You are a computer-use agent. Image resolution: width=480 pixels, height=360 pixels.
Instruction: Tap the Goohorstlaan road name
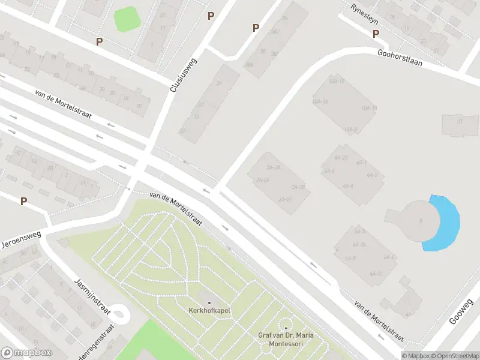[x=400, y=58]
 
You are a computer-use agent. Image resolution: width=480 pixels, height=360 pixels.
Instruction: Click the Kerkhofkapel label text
[x=209, y=310]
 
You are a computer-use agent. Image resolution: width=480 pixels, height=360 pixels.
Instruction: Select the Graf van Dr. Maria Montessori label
[x=286, y=339]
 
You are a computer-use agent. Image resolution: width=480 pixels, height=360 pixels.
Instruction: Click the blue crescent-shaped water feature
[x=447, y=222]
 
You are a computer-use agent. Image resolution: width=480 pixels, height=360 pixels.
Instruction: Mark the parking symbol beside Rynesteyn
[x=376, y=34]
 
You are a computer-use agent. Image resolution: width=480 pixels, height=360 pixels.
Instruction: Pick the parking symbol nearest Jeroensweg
[x=23, y=202]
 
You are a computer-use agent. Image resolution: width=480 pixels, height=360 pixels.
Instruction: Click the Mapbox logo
[x=26, y=353]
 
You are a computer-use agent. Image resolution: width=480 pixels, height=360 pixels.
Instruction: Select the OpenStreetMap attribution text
[x=451, y=355]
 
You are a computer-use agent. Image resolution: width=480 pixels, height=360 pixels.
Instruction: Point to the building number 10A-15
[x=337, y=81]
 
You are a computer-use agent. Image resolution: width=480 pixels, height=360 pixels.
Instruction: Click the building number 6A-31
[x=377, y=274]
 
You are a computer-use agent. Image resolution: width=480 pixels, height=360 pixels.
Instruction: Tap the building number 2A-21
[x=285, y=199]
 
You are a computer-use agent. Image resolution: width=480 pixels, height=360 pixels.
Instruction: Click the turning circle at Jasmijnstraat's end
[x=119, y=313]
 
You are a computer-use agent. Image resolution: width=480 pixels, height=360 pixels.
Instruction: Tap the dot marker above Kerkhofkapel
[x=209, y=302]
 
